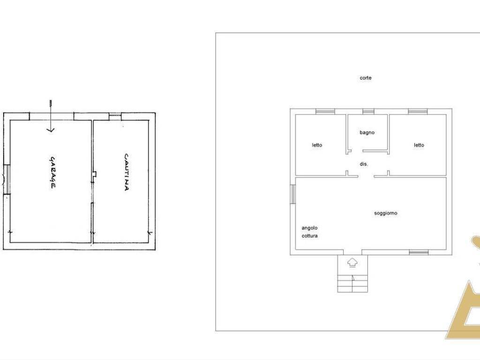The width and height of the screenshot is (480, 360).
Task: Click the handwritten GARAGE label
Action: (52, 172)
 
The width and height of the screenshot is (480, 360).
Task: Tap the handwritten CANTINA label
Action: (127, 172)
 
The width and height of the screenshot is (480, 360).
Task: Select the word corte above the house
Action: (366, 78)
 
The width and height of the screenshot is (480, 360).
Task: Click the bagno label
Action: (367, 133)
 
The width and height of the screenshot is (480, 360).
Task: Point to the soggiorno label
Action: (386, 213)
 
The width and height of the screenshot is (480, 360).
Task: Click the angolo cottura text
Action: (309, 232)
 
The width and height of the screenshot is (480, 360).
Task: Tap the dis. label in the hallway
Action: (364, 164)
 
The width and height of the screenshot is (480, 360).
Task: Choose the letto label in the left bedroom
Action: (317, 145)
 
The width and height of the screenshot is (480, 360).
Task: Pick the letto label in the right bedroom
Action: (419, 145)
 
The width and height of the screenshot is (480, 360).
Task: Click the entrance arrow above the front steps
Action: (352, 262)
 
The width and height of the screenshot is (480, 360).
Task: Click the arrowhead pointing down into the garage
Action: (51, 130)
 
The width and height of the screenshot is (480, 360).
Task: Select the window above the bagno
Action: (368, 112)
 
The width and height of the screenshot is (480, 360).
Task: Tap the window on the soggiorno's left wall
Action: (292, 194)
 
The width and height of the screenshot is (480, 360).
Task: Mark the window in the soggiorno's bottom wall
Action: (419, 252)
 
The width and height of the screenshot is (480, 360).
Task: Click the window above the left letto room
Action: (325, 112)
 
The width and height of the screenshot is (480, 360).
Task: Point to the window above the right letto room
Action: (418, 112)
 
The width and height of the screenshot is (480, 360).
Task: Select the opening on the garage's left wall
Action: (7, 180)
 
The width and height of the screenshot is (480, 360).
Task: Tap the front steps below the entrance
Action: (352, 284)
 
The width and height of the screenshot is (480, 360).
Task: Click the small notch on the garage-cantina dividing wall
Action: (95, 174)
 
